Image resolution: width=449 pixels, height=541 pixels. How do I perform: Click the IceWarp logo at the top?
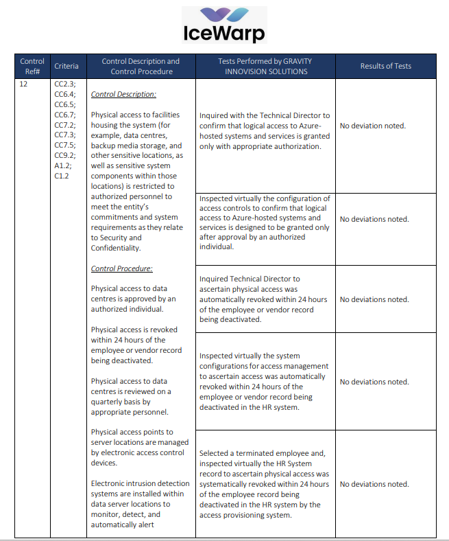tap(223, 25)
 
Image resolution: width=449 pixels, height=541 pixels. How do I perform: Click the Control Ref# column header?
tap(32, 66)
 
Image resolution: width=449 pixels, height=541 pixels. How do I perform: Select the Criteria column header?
tap(66, 66)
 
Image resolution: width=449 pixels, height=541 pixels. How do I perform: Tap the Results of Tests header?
tap(386, 66)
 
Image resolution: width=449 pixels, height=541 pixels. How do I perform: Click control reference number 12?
tap(24, 84)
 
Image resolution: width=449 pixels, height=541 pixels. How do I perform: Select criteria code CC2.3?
tap(65, 84)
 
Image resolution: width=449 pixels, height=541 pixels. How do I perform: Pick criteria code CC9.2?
tap(65, 156)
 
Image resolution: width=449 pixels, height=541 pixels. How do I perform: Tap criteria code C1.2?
tap(62, 176)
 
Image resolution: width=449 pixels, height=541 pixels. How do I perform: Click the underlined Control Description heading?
tap(123, 94)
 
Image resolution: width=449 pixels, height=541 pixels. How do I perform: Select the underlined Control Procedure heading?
tap(121, 268)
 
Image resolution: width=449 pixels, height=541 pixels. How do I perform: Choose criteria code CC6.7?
tap(65, 115)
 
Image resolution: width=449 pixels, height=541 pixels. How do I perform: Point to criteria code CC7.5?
tap(65, 146)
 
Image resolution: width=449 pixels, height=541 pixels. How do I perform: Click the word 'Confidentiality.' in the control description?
tap(116, 248)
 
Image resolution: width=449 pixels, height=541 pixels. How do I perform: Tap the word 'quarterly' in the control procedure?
tap(110, 402)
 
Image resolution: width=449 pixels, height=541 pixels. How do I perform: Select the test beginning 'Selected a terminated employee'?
tap(264, 484)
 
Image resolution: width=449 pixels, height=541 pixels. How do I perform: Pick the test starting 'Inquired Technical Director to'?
tap(264, 299)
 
